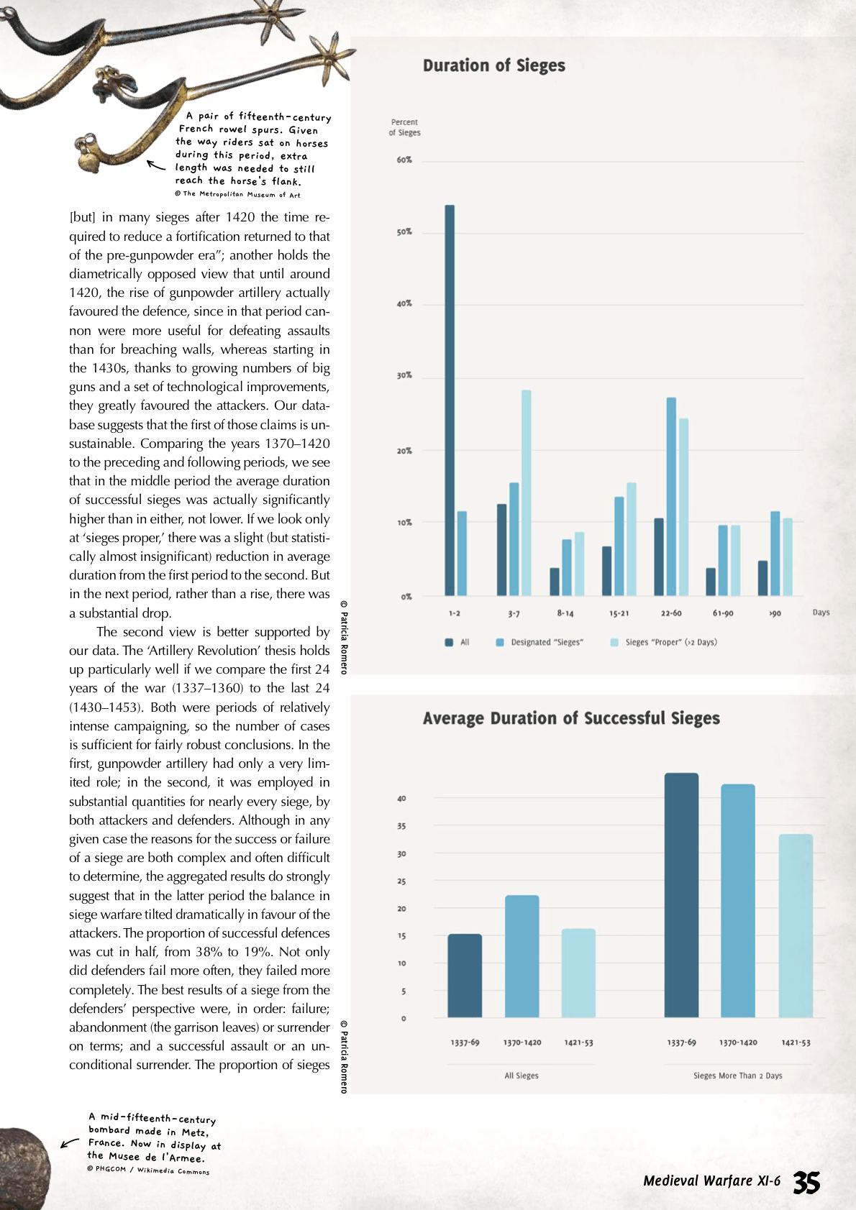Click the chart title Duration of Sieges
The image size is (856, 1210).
coord(493,65)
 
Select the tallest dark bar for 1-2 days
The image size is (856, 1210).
coord(450,400)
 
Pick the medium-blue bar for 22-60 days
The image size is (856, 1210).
coord(671,496)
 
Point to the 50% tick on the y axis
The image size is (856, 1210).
coord(404,232)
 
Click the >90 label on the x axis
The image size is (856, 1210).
coord(775,613)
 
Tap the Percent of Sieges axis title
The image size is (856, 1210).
coord(404,127)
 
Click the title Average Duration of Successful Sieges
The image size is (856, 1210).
coord(571,718)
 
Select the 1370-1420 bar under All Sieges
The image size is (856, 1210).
coord(522,956)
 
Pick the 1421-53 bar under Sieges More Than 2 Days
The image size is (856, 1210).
coord(796,925)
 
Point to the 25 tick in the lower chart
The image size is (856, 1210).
coord(401,881)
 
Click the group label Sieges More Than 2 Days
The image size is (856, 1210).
coord(737,1076)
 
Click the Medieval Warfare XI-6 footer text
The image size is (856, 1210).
coord(711,1181)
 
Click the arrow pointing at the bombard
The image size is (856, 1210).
coord(70,1142)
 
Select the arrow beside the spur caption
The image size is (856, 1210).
coord(155,165)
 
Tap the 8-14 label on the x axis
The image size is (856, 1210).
coord(565,613)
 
